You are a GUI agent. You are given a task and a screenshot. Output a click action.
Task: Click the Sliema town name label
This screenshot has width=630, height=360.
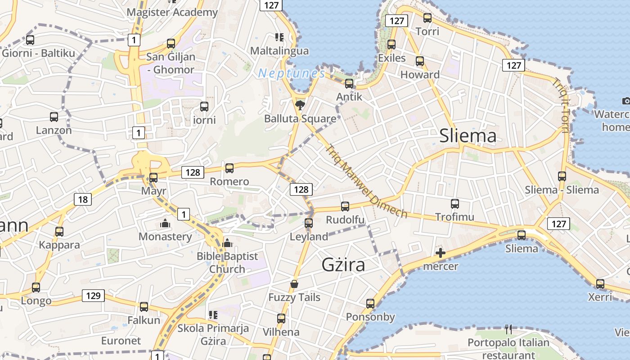pos(468,135)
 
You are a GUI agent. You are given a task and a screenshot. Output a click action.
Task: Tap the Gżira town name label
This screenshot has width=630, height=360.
pos(343,265)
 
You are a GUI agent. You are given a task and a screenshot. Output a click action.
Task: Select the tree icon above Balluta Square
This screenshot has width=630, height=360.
pos(299,105)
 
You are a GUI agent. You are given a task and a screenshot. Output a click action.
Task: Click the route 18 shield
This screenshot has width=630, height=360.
pos(82,199)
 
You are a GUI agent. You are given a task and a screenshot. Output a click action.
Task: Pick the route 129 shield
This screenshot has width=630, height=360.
pos(94,296)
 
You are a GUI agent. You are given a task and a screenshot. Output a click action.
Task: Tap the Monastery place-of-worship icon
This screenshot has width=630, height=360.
pos(165,223)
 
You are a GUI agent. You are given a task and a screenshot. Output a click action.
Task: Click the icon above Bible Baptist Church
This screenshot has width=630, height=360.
pos(227,243)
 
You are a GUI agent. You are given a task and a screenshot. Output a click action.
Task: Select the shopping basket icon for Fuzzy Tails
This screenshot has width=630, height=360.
pos(294,284)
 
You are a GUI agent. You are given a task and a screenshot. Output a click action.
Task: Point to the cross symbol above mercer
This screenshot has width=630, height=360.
pos(441,253)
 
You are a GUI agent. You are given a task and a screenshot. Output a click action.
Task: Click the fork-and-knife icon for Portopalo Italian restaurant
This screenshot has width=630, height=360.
pos(508,329)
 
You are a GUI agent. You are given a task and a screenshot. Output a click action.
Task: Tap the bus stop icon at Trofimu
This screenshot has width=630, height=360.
pos(454,204)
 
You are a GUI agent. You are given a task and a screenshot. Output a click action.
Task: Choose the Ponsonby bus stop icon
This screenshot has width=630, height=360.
pos(370,304)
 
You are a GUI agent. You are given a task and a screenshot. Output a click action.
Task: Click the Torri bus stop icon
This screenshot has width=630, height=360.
pos(427,18)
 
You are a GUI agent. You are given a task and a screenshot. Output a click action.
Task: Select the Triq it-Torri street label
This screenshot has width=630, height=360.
pos(561,106)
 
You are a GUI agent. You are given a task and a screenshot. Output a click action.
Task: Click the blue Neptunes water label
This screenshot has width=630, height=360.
pos(292,73)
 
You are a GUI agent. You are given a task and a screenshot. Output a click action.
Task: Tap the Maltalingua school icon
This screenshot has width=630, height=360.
pos(279,37)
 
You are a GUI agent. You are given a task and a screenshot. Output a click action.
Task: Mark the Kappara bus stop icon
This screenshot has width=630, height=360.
pos(59,232)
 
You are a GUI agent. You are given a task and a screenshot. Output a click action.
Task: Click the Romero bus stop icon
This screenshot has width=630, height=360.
pos(229,168)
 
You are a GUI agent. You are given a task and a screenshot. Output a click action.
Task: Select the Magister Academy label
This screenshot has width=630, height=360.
pos(172,12)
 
